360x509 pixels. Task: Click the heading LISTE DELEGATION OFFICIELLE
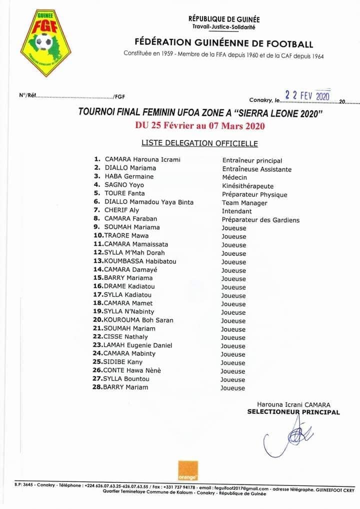pos(199,143)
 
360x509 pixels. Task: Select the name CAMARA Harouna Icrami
pos(142,159)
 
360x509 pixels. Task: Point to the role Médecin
pos(234,177)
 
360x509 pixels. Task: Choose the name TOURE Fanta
pos(124,193)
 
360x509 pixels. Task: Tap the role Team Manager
pos(244,203)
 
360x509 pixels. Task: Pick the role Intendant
pos(237,211)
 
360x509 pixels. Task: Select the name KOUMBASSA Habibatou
pos(140,261)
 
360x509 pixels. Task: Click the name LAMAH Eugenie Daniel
pos(138,345)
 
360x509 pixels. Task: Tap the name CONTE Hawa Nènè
pos(132,370)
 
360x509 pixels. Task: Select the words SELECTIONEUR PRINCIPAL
pos(293,412)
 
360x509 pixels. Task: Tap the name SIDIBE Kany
pos(123,362)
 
